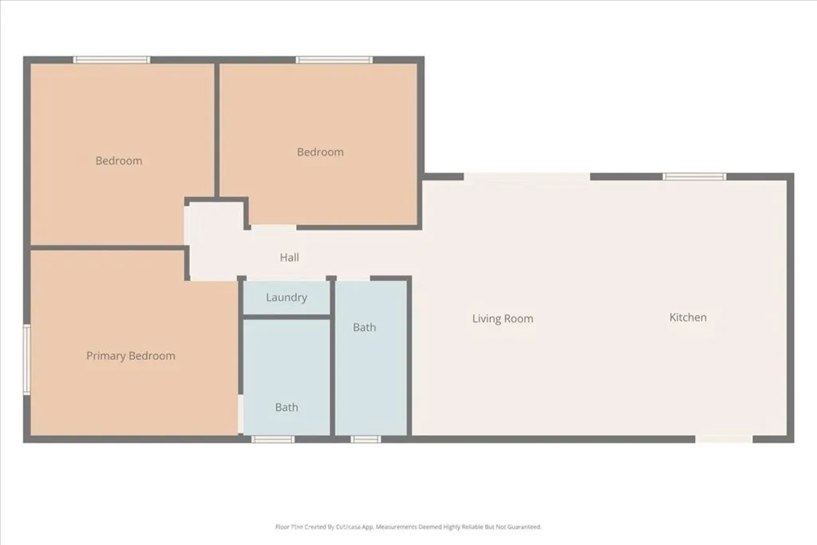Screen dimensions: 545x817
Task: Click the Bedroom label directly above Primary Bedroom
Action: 119,160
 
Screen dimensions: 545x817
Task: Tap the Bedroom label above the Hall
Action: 320,152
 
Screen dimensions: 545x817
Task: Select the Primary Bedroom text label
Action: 131,356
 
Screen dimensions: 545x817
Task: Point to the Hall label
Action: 290,258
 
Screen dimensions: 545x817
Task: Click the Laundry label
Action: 286,298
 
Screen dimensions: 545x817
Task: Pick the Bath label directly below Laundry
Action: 286,407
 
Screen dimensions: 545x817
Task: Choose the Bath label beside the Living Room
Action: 365,327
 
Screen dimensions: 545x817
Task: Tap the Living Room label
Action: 503,318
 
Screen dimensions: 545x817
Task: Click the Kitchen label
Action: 688,317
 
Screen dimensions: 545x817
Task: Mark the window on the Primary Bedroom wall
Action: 26,358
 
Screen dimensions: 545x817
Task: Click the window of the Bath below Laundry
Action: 273,439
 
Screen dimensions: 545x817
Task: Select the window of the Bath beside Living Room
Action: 365,439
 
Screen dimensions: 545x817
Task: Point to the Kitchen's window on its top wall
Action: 694,176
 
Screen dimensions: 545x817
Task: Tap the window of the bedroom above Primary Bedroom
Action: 112,60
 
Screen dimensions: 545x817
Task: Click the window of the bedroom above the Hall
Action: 334,60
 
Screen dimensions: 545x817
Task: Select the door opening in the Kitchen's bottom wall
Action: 724,439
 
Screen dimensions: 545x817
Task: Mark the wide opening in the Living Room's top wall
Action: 527,176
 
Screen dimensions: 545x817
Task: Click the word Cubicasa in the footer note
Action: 355,527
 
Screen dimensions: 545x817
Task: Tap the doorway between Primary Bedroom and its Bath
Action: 240,414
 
